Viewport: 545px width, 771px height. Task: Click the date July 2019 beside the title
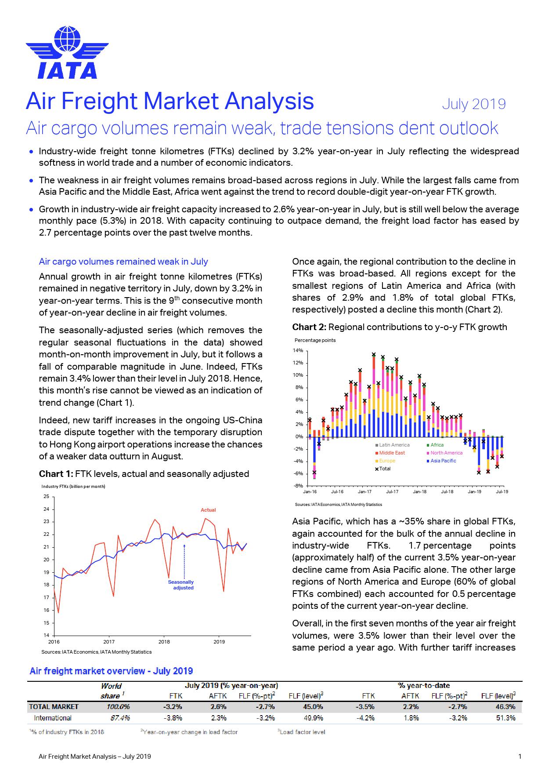coord(473,104)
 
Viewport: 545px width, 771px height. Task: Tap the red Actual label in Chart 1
coord(208,510)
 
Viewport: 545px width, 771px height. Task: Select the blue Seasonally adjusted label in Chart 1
coord(181,585)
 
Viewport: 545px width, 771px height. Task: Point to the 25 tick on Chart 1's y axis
coord(46,497)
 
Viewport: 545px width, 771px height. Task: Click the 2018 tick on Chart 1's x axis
coord(164,642)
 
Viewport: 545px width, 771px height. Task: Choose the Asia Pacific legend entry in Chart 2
coord(443,461)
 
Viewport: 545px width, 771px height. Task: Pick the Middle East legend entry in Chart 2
coord(392,453)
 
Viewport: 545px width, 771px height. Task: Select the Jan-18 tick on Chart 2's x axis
coord(419,492)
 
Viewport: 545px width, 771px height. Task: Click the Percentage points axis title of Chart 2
coord(315,340)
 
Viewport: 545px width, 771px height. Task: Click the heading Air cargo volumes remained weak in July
coord(123,262)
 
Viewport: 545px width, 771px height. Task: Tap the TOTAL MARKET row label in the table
coord(54,707)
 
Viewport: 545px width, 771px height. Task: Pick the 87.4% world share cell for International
coord(119,718)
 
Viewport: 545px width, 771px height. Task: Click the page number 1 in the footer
coord(520,756)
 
